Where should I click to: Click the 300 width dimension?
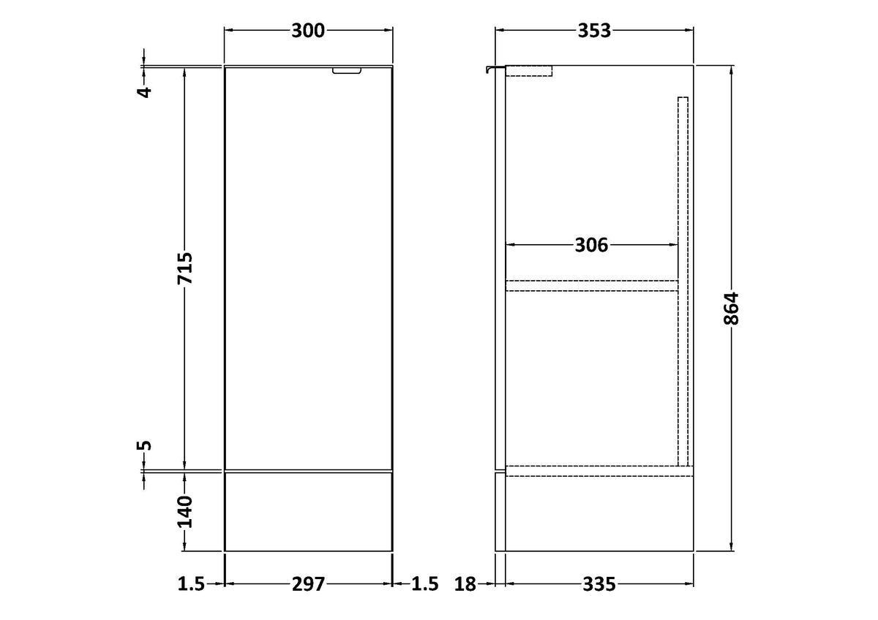(308, 31)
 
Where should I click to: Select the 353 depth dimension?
(594, 31)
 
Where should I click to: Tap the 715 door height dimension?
(185, 268)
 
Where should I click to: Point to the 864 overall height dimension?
(731, 309)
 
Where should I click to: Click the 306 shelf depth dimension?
(591, 245)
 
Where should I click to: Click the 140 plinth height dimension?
(185, 512)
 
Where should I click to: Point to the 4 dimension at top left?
(145, 92)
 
